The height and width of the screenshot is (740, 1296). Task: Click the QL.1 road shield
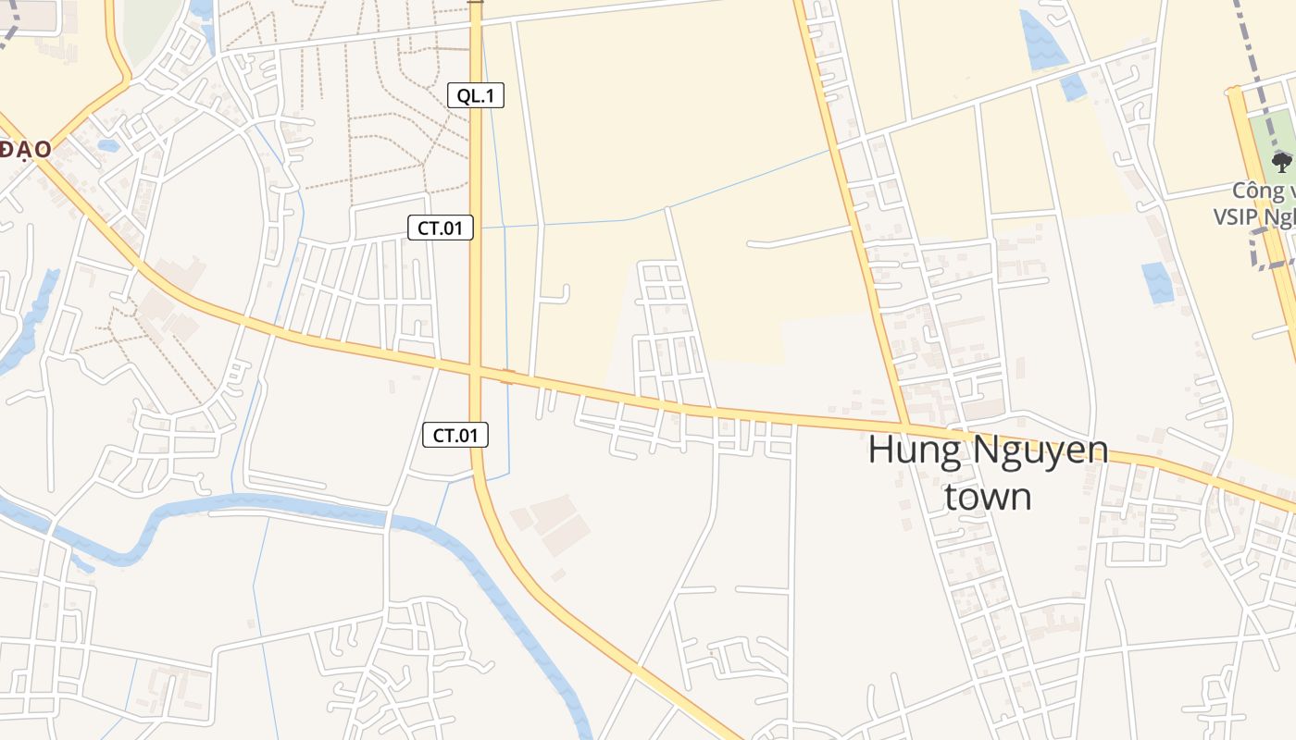coord(476,95)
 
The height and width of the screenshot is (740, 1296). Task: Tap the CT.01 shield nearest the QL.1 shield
coord(441,228)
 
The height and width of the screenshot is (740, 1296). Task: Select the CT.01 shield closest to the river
coord(455,435)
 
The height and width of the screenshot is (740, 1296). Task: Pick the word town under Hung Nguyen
coord(988,497)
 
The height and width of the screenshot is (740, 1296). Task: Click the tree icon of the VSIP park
coord(1281,163)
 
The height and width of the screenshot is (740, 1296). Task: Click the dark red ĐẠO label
coord(24,149)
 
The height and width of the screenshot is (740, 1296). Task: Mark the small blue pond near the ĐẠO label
coord(108,145)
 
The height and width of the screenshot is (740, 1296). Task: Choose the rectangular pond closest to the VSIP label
coord(1156,283)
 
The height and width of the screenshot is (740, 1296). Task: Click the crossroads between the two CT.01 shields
coord(476,370)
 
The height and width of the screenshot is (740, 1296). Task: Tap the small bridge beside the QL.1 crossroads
coord(507,376)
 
